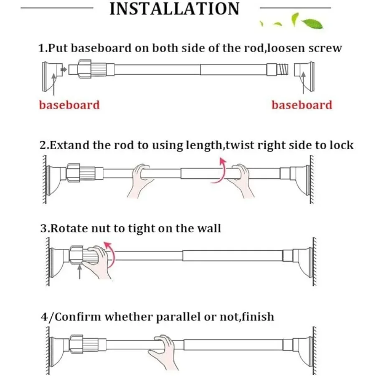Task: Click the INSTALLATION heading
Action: point(174,9)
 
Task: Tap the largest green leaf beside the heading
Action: point(312,24)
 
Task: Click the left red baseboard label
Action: point(69,105)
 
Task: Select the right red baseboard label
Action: point(302,105)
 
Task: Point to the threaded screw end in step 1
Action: point(283,69)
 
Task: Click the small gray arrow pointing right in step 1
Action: point(64,69)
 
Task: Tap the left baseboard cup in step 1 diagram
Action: point(52,77)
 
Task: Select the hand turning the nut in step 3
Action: point(97,262)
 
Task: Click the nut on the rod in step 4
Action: point(76,344)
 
